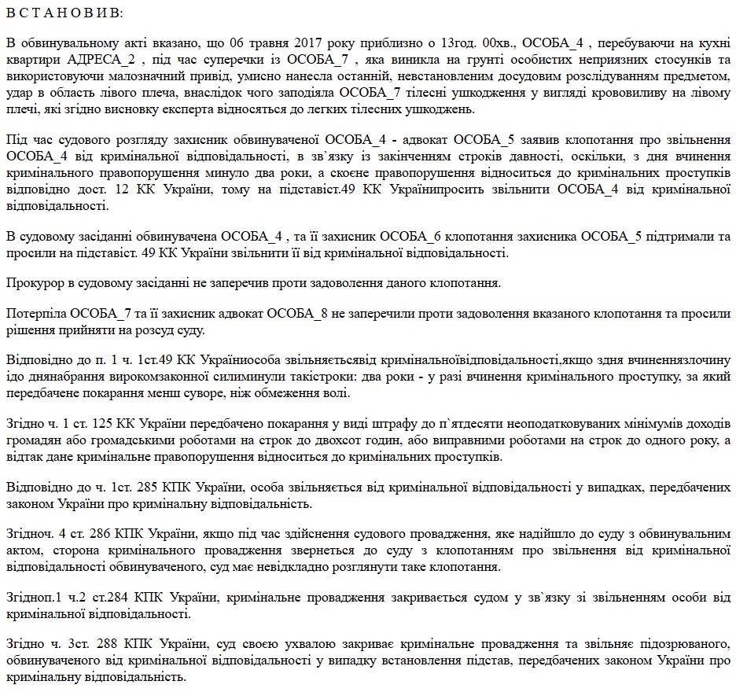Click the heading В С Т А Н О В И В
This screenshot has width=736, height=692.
point(64,13)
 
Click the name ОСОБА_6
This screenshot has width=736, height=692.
point(416,237)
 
